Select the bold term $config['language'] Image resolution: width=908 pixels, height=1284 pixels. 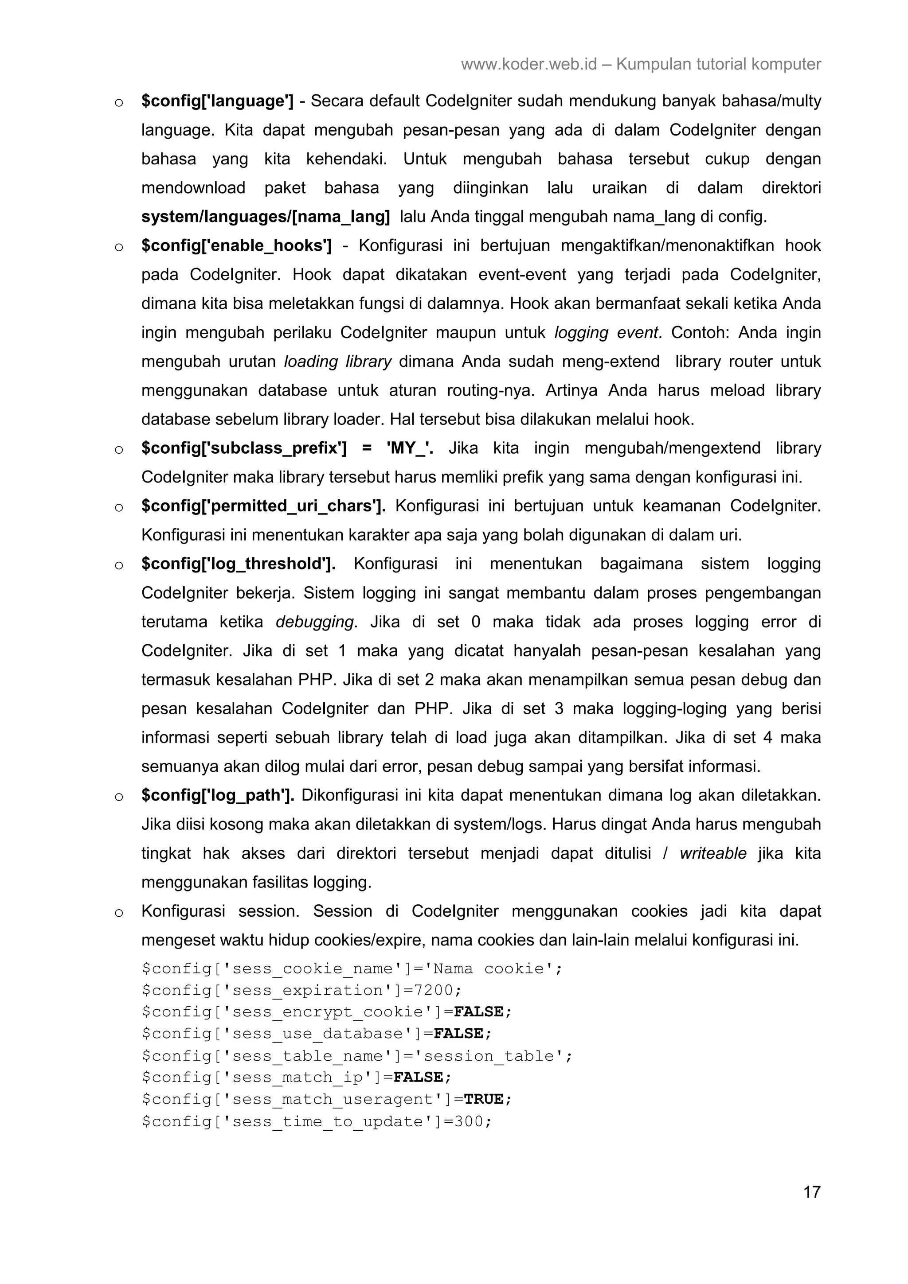[217, 101]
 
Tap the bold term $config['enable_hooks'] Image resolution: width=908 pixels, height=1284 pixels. [236, 245]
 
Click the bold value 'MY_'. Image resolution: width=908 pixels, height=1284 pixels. [410, 448]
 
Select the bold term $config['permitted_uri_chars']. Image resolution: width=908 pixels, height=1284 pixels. [263, 506]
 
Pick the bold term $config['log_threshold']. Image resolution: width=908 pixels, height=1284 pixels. [239, 564]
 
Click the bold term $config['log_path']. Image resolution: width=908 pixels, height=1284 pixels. [218, 795]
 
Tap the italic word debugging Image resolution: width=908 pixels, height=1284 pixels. [315, 622]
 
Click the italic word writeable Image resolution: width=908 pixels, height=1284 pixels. [713, 853]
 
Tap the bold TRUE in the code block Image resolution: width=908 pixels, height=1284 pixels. [484, 1099]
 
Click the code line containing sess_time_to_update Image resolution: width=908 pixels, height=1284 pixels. [316, 1121]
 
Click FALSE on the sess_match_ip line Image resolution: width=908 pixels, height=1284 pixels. [418, 1077]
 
